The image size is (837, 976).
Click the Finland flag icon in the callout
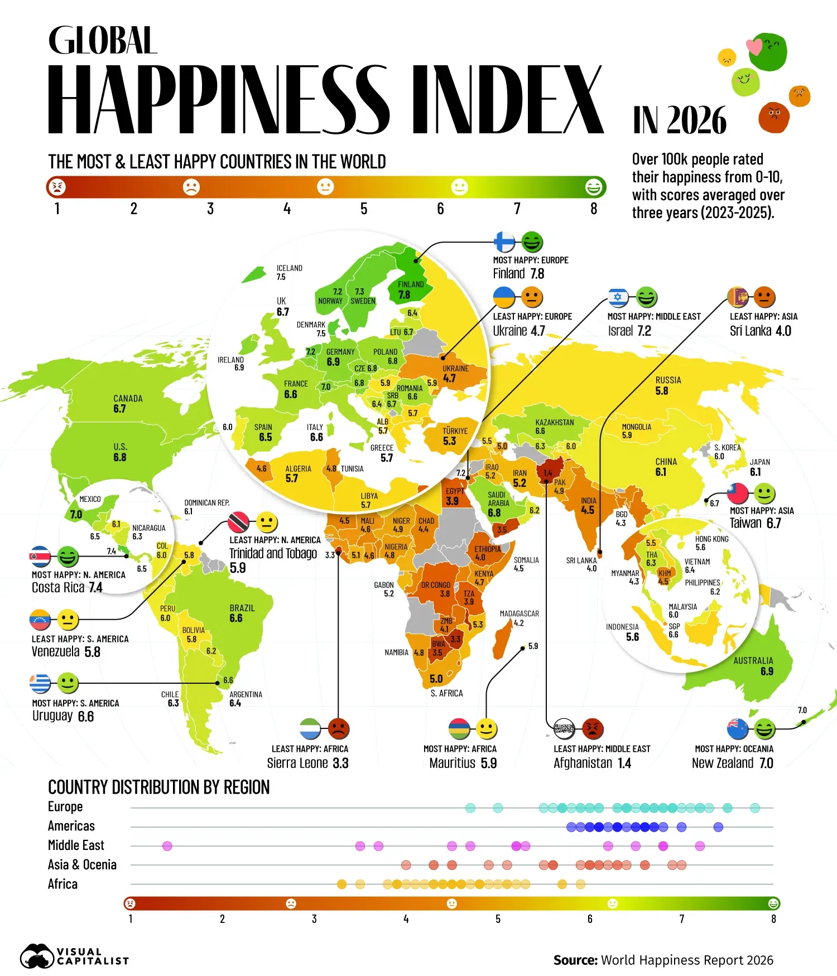(504, 242)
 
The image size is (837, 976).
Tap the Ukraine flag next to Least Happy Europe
(504, 297)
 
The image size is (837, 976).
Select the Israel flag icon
(618, 297)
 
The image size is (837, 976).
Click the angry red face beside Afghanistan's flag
(593, 728)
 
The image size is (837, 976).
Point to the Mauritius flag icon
(459, 728)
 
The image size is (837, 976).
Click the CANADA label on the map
(128, 398)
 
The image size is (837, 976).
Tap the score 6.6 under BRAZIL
(236, 618)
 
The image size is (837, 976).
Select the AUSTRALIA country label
(753, 660)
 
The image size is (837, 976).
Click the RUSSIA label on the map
(668, 380)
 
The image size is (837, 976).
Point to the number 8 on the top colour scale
(594, 209)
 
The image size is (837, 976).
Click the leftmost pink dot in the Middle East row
(167, 846)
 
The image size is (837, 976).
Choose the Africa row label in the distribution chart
(62, 884)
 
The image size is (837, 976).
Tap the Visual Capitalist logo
(75, 956)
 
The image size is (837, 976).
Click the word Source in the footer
(575, 960)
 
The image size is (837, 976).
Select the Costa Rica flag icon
(40, 557)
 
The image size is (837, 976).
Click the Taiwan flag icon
(737, 493)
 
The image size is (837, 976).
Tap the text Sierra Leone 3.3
(307, 763)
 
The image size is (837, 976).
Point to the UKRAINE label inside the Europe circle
(455, 368)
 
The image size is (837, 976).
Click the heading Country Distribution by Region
(159, 787)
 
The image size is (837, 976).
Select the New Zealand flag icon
(737, 728)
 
